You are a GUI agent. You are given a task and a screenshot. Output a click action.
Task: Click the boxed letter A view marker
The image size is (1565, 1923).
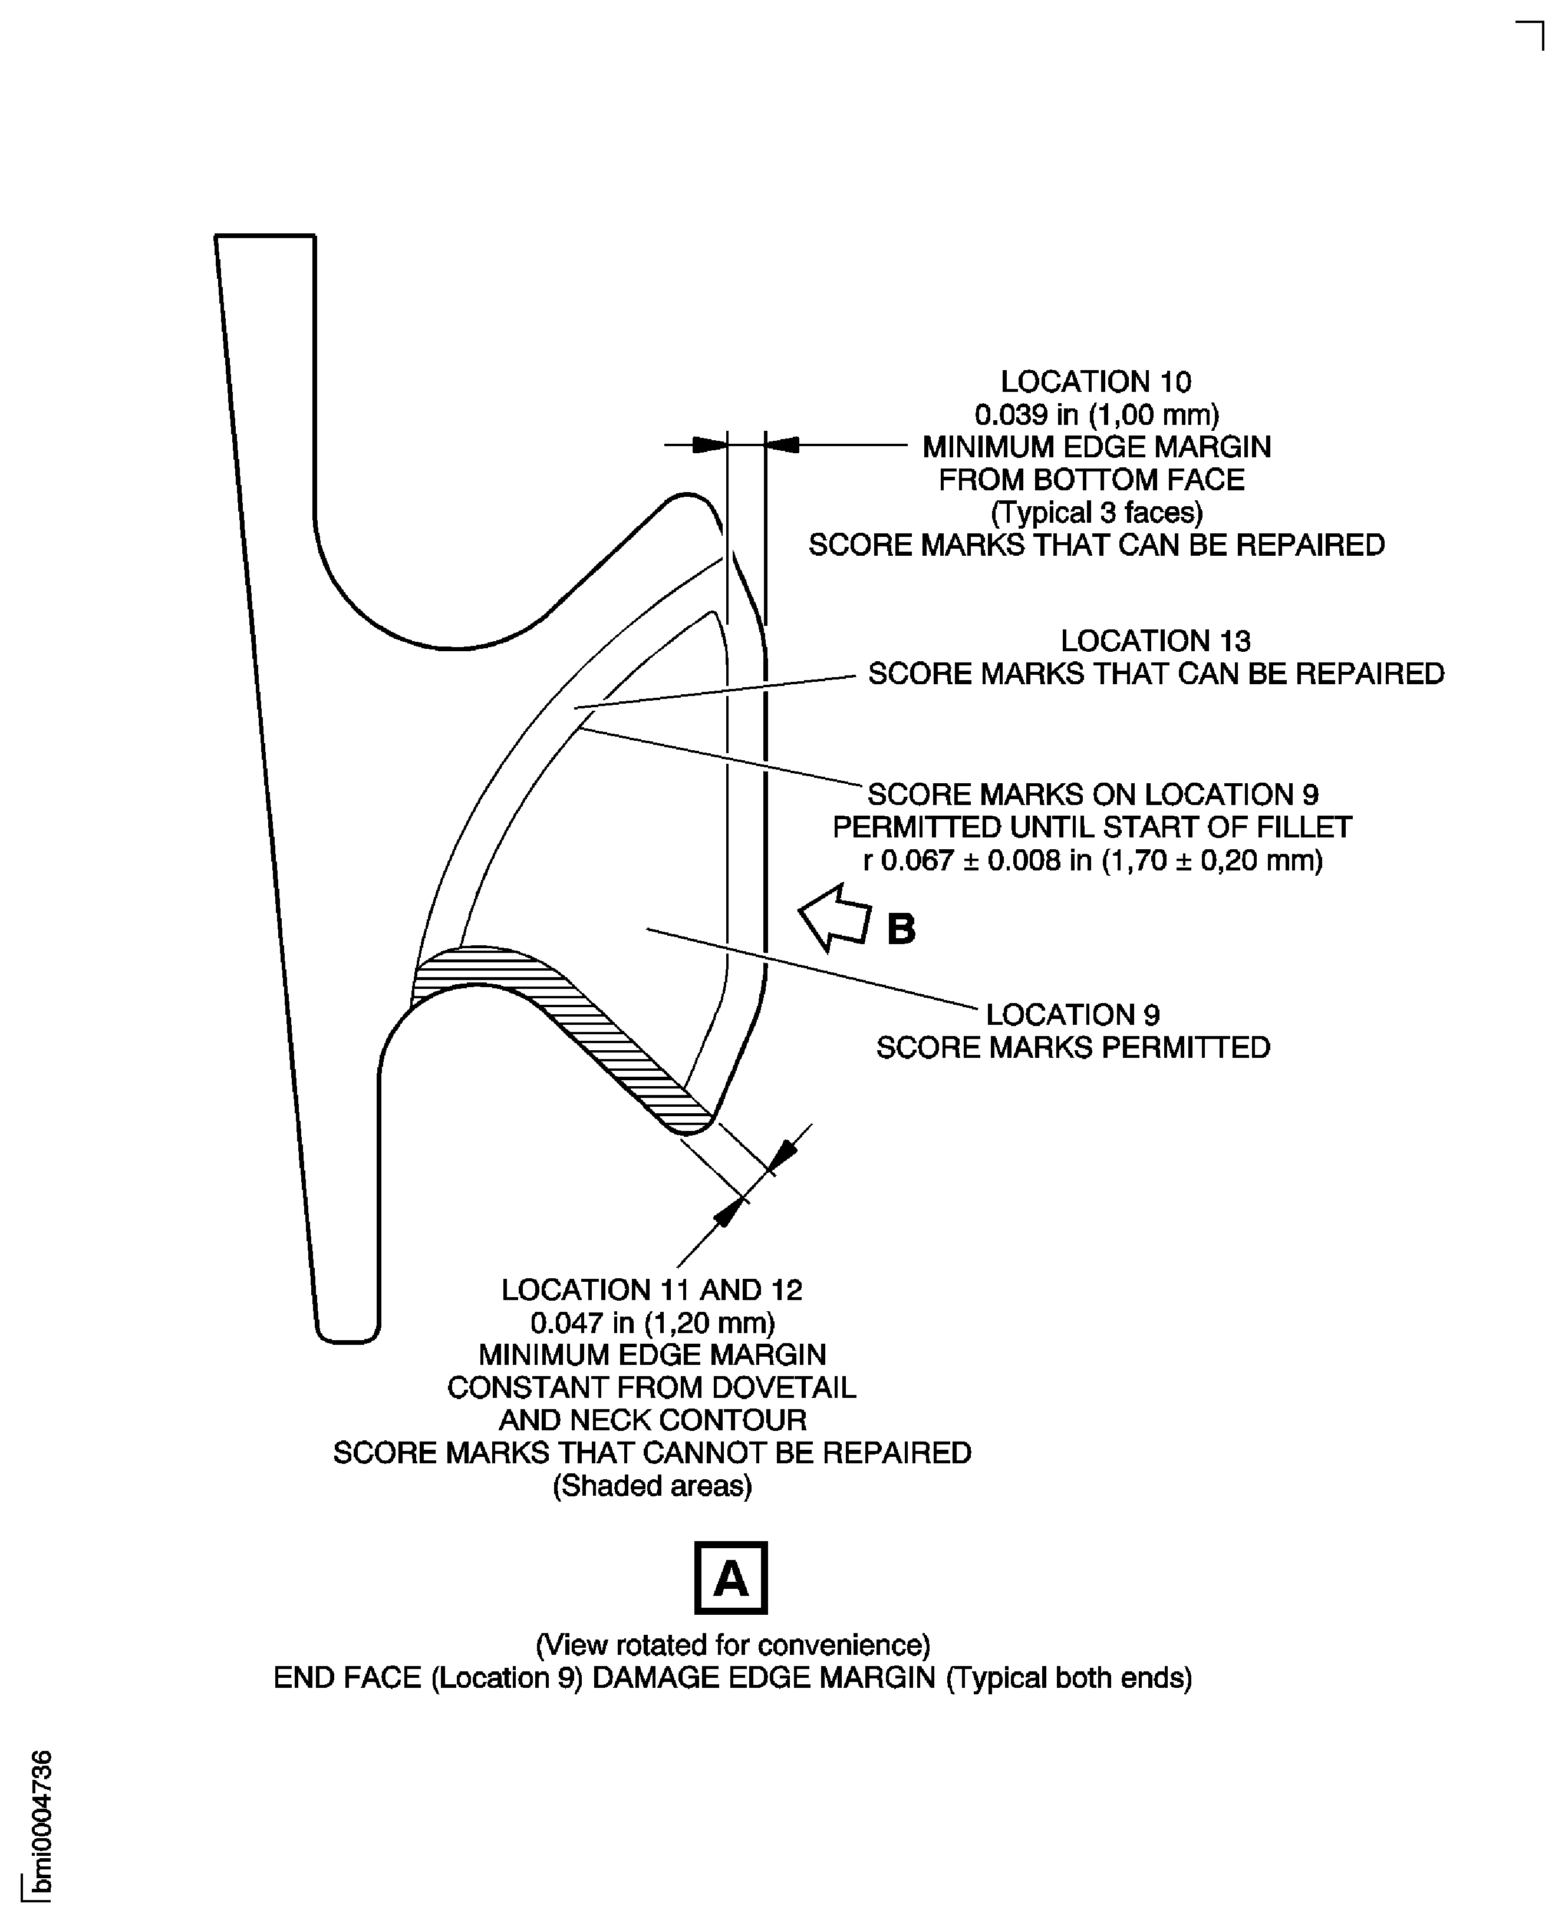(x=730, y=1578)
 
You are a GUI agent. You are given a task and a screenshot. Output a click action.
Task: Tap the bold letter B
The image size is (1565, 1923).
(x=901, y=929)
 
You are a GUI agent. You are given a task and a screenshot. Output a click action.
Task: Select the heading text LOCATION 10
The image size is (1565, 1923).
(x=1095, y=382)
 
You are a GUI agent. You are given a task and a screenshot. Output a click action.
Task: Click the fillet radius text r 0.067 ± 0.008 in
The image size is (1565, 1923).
(x=1093, y=860)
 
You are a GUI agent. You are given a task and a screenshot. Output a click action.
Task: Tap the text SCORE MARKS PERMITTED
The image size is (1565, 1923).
(x=1073, y=1047)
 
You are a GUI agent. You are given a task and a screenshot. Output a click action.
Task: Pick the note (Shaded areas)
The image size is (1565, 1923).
(x=652, y=1485)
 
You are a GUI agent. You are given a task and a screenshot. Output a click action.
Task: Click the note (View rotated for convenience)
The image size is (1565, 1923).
(x=733, y=1645)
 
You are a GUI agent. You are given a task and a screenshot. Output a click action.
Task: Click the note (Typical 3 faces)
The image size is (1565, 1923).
(x=1096, y=512)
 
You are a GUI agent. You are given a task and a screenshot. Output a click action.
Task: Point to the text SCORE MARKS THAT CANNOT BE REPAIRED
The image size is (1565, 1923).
(x=652, y=1453)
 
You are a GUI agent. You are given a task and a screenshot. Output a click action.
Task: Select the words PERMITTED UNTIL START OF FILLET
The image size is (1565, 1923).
(x=1092, y=827)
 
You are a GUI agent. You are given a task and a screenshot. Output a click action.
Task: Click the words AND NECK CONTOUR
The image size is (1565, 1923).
(x=652, y=1420)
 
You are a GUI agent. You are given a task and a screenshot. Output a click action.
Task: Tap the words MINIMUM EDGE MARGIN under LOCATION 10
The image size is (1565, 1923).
(x=1096, y=447)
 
